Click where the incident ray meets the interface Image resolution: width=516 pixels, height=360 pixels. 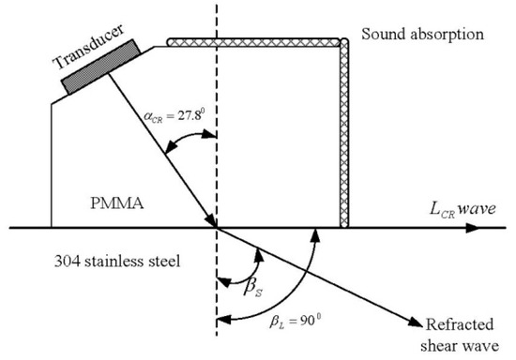click(218, 227)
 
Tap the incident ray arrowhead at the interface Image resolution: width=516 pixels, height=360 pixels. click(212, 219)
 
